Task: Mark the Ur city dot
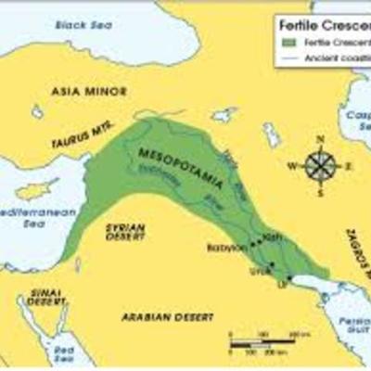point(289,277)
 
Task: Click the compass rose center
point(320,167)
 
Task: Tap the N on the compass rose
point(320,139)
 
